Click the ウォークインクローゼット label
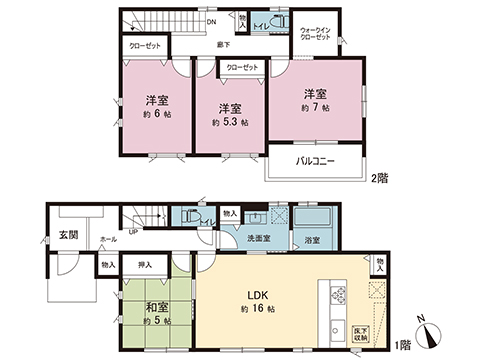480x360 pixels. coord(320,35)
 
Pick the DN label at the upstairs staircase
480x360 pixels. coord(211,22)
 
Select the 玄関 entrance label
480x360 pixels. coord(67,235)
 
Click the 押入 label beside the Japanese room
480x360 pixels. coord(145,266)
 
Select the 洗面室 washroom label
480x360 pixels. coord(258,240)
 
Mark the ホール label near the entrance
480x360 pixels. coord(107,240)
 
